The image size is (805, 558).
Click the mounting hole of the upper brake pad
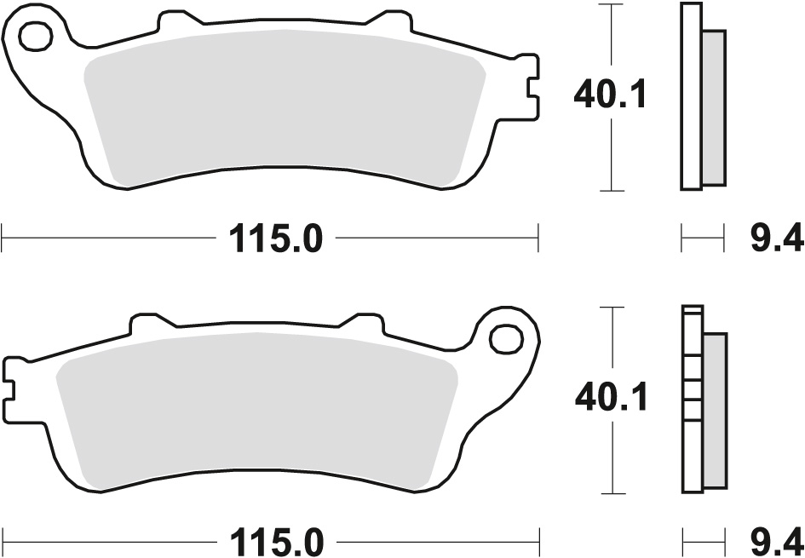(x=36, y=36)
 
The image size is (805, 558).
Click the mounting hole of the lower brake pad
(x=506, y=339)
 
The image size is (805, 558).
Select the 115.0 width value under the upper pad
(x=276, y=239)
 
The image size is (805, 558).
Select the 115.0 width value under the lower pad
(x=276, y=542)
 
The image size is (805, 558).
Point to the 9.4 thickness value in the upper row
(x=777, y=239)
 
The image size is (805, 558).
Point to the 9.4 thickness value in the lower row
(x=778, y=542)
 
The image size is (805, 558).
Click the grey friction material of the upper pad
(x=285, y=108)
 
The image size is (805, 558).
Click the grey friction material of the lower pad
(x=256, y=411)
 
